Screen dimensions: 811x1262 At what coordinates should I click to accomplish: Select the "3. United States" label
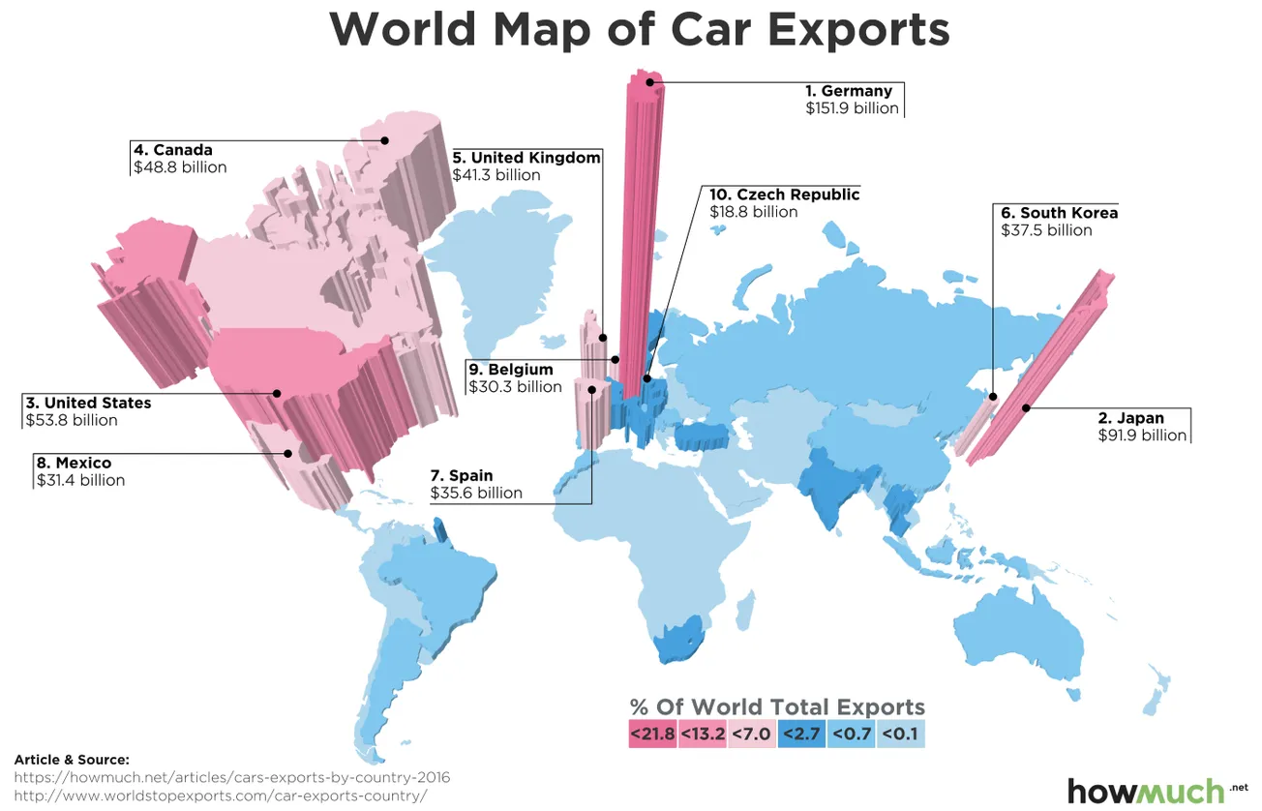click(88, 403)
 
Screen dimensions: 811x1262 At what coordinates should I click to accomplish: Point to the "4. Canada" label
click(172, 150)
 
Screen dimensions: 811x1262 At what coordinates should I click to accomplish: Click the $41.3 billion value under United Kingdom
click(496, 175)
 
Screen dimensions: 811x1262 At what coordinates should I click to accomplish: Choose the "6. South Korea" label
click(1059, 213)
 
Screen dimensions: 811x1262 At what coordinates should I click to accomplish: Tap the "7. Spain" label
click(462, 475)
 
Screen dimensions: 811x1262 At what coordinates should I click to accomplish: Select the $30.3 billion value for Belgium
click(515, 387)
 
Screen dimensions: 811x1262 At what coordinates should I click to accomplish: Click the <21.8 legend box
click(652, 734)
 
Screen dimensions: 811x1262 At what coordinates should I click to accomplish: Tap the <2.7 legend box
click(801, 734)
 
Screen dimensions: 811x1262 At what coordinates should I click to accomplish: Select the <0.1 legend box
click(901, 734)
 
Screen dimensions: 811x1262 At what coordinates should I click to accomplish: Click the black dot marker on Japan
click(1026, 408)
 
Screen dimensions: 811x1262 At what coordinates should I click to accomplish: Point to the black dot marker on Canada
click(384, 140)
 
